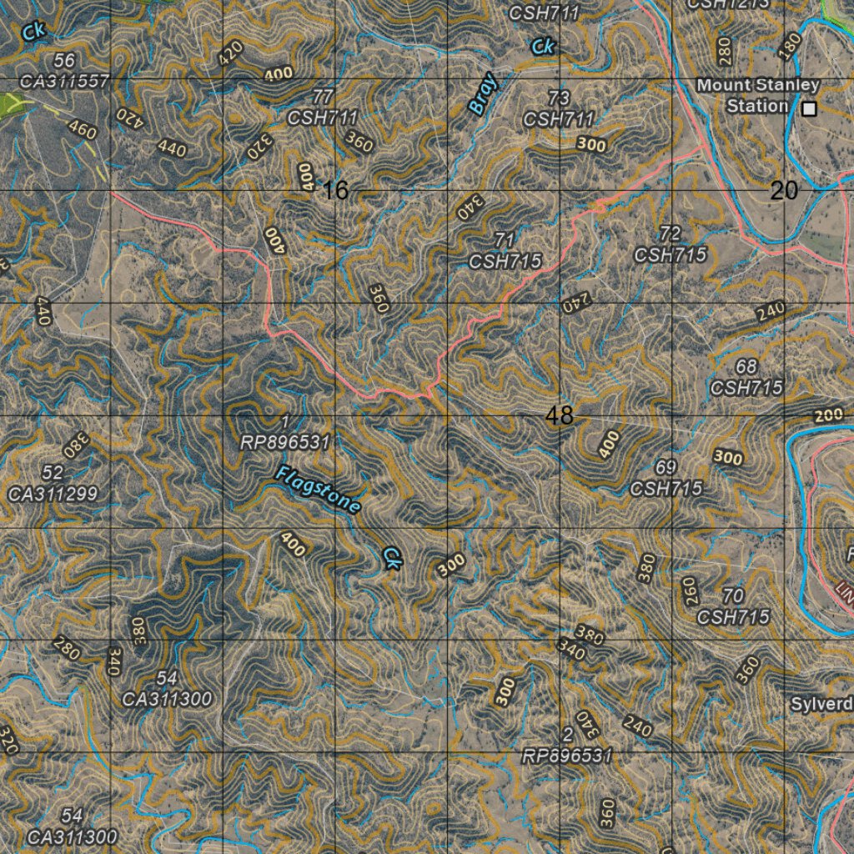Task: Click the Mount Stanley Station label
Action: point(757,95)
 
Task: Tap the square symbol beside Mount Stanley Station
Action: point(808,108)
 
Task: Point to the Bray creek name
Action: point(483,93)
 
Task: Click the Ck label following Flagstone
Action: point(391,558)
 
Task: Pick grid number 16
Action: point(334,191)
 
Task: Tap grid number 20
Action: point(784,191)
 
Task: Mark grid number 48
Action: point(559,415)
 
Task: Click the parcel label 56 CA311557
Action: point(64,71)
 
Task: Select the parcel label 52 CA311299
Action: point(53,484)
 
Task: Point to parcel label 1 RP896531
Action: point(286,433)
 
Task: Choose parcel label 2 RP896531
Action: point(567,746)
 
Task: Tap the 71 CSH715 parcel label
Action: point(505,251)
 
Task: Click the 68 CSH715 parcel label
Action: point(746,377)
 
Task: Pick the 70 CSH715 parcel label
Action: point(733,606)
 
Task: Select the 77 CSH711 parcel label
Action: point(323,108)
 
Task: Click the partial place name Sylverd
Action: point(821,704)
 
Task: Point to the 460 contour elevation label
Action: point(81,131)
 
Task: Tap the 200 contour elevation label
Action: point(828,416)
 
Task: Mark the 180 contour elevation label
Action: point(788,48)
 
